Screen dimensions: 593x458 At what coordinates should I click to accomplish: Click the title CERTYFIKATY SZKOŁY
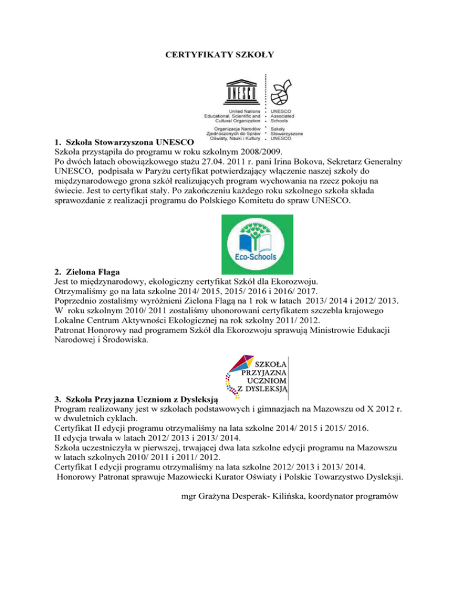coord(219,55)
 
